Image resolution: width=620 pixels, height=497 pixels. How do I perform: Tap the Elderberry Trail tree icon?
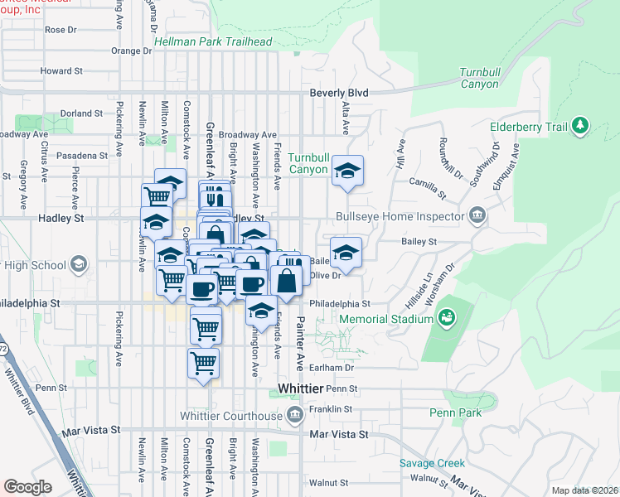click(x=581, y=126)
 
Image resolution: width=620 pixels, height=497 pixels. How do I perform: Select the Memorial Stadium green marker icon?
click(x=447, y=316)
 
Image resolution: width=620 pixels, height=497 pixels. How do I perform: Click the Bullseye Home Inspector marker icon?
click(x=477, y=217)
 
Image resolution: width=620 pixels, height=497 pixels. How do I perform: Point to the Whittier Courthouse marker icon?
click(x=294, y=415)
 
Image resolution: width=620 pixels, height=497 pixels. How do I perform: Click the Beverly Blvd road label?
click(x=338, y=93)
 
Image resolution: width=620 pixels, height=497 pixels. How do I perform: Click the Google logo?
click(x=27, y=487)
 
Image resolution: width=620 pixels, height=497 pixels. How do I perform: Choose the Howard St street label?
click(x=56, y=71)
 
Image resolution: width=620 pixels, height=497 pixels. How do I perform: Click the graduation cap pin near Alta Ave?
click(x=348, y=172)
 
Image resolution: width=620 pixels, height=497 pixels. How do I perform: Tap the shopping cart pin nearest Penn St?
click(x=203, y=363)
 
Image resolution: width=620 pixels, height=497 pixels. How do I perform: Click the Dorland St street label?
click(x=80, y=113)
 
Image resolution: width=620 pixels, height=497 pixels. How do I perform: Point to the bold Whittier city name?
click(x=299, y=388)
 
